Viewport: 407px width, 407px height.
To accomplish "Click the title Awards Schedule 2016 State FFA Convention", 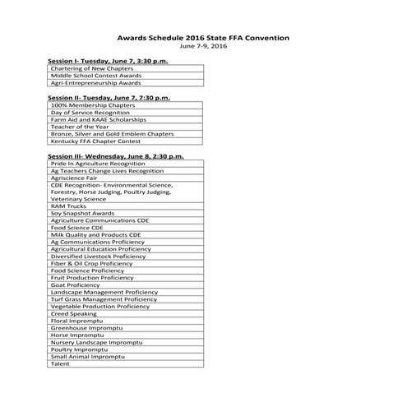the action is tap(203, 38).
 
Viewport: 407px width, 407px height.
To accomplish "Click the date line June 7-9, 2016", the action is tap(203, 47).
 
